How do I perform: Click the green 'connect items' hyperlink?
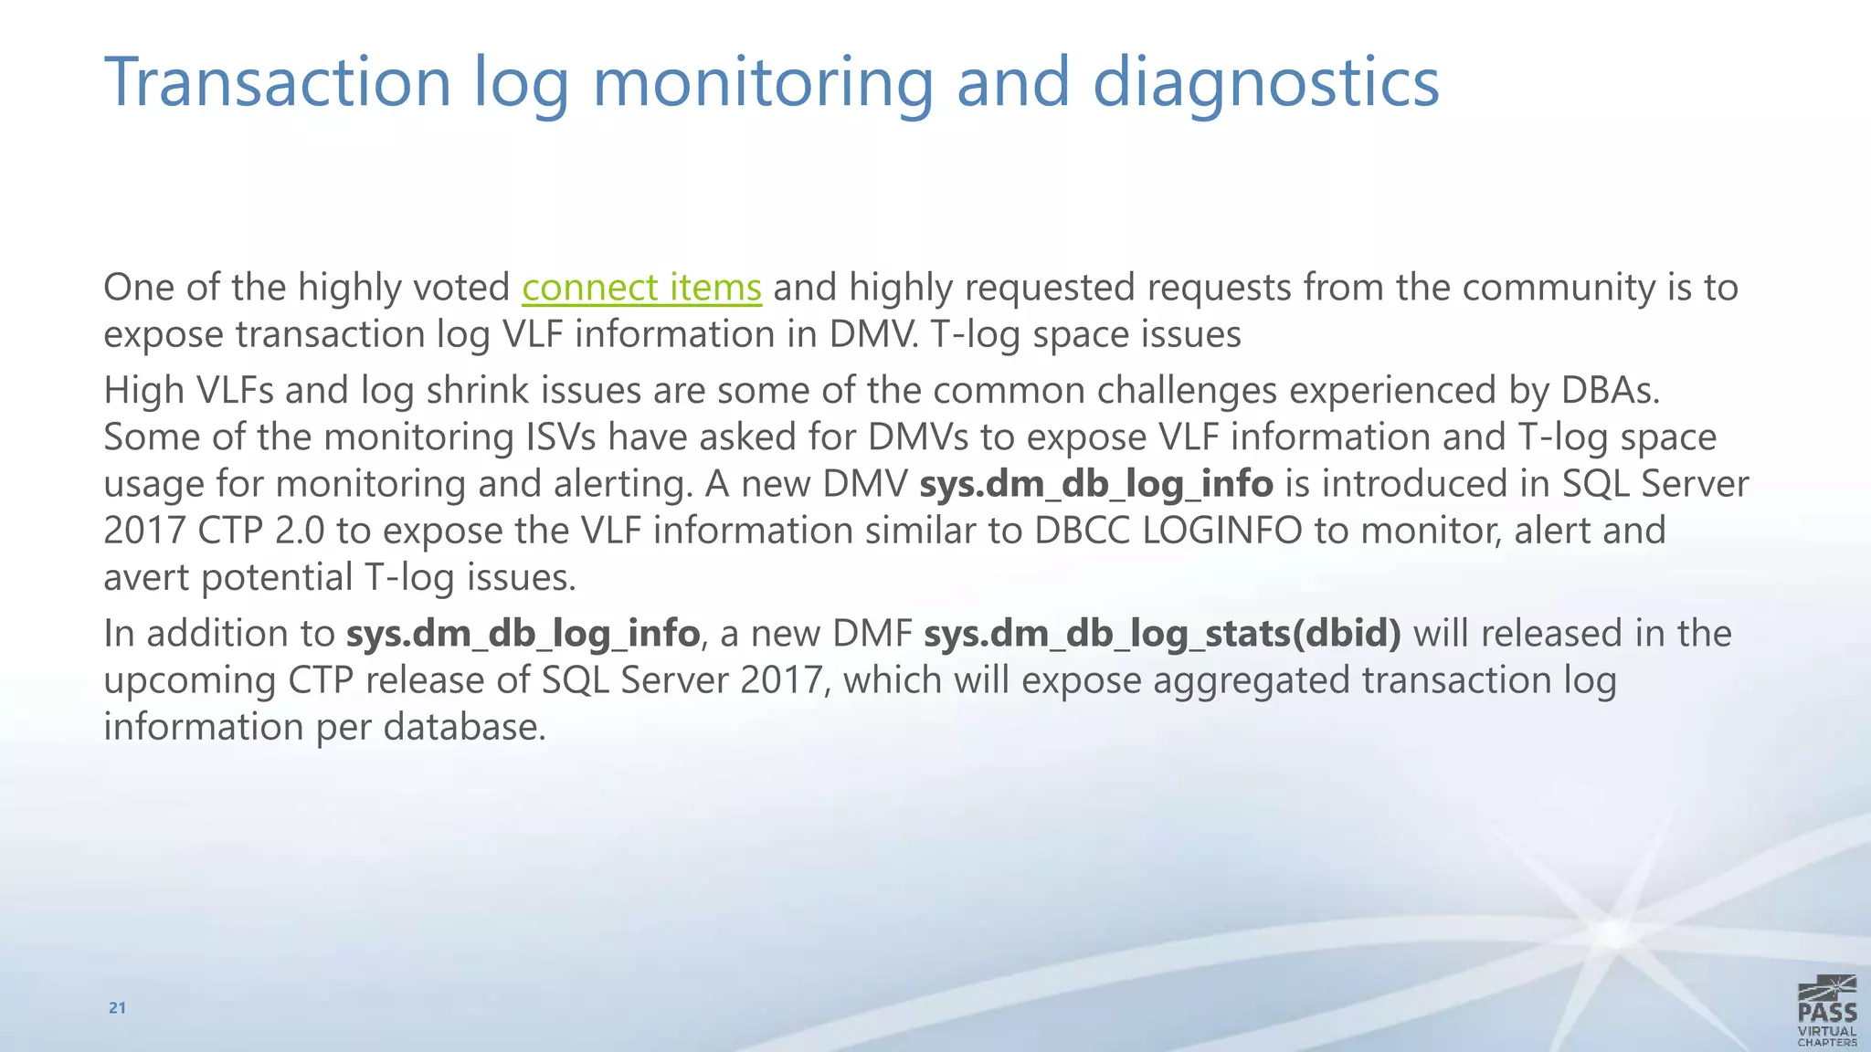(x=641, y=288)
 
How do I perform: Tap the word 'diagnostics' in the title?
(x=1265, y=82)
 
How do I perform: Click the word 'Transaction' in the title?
(x=278, y=82)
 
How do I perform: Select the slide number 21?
(x=117, y=1007)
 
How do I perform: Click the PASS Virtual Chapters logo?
(x=1826, y=1010)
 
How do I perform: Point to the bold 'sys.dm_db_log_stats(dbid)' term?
(x=1162, y=634)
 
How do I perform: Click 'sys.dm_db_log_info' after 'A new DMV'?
(x=1095, y=484)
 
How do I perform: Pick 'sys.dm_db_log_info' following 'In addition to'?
(x=523, y=634)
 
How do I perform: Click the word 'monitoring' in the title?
(x=763, y=82)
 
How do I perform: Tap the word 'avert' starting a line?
(x=146, y=578)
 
